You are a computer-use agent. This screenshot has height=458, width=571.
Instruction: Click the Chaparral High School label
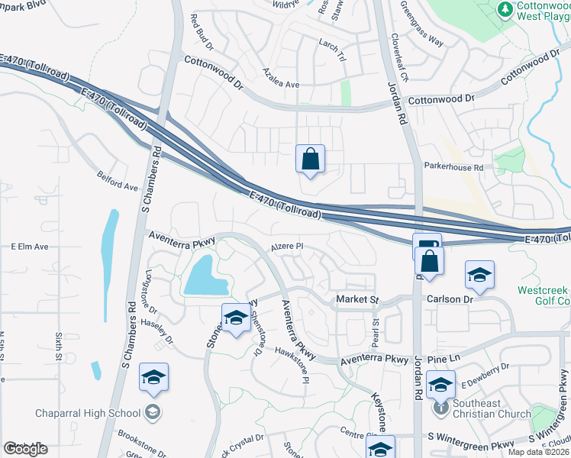click(88, 414)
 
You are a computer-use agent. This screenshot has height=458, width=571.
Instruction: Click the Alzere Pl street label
click(289, 247)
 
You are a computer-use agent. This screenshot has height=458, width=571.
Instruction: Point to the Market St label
click(357, 300)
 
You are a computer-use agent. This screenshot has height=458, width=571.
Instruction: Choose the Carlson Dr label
click(450, 300)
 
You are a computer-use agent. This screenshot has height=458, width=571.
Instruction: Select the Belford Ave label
click(117, 181)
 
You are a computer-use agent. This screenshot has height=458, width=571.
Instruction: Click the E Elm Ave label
click(30, 247)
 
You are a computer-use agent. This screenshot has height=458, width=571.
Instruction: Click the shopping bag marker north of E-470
click(311, 160)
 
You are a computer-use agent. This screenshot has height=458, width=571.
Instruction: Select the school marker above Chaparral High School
click(153, 379)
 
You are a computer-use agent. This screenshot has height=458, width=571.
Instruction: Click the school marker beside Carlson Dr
click(479, 276)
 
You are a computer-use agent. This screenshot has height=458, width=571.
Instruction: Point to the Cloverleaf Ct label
click(399, 58)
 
